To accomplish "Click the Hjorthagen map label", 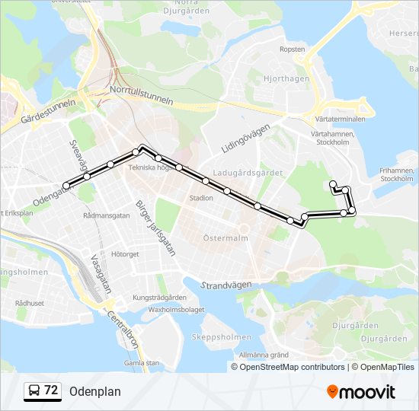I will pyautogui.click(x=286, y=78).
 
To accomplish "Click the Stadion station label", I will pyautogui.click(x=201, y=198).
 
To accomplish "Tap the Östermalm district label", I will pyautogui.click(x=226, y=238).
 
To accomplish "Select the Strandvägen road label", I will pyautogui.click(x=226, y=284).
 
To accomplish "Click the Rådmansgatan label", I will pyautogui.click(x=107, y=215).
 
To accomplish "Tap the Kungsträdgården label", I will pyautogui.click(x=159, y=297).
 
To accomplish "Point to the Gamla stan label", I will pyautogui.click(x=142, y=363).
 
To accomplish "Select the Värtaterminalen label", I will pyautogui.click(x=334, y=119).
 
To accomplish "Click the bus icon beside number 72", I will pyautogui.click(x=34, y=391).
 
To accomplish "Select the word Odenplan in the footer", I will pyautogui.click(x=94, y=391).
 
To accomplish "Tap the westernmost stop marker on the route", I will pyautogui.click(x=66, y=185).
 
